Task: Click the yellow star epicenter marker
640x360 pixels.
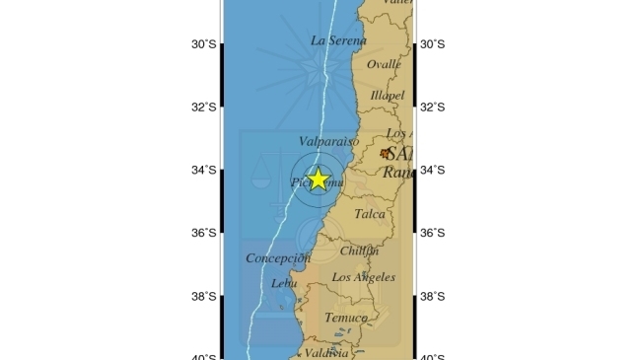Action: (319, 179)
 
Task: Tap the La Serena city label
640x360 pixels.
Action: (338, 40)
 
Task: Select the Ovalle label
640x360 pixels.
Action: (384, 64)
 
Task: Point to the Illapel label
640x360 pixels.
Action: (388, 96)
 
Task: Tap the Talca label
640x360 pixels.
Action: (370, 213)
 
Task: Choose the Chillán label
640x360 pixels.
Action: (359, 251)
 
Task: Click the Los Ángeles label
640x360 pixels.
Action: (363, 277)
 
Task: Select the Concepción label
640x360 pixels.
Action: (278, 258)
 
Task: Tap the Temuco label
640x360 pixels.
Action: (345, 318)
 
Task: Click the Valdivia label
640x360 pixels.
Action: (327, 353)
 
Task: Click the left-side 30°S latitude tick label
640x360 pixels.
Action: (205, 44)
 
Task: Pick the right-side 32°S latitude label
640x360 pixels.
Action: (432, 108)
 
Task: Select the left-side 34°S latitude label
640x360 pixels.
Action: (205, 171)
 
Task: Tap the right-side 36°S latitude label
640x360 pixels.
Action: (432, 234)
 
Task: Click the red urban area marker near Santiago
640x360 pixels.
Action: (385, 153)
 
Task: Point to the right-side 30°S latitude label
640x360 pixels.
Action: (432, 44)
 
